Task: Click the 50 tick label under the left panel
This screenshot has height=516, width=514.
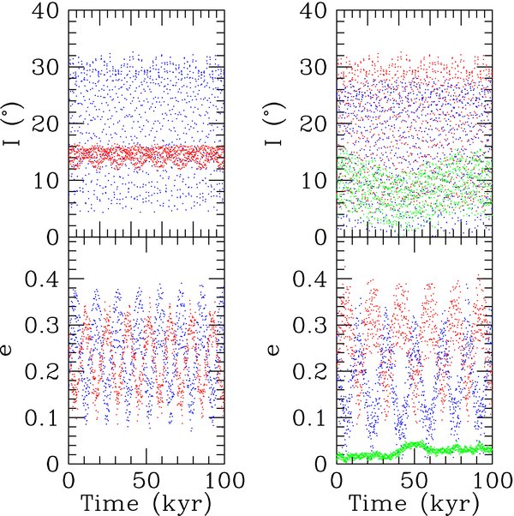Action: click(x=146, y=477)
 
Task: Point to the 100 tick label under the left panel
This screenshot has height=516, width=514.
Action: click(x=224, y=477)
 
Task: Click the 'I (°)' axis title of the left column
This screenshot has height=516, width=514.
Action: click(x=15, y=125)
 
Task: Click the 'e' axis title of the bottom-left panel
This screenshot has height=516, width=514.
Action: click(x=15, y=351)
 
